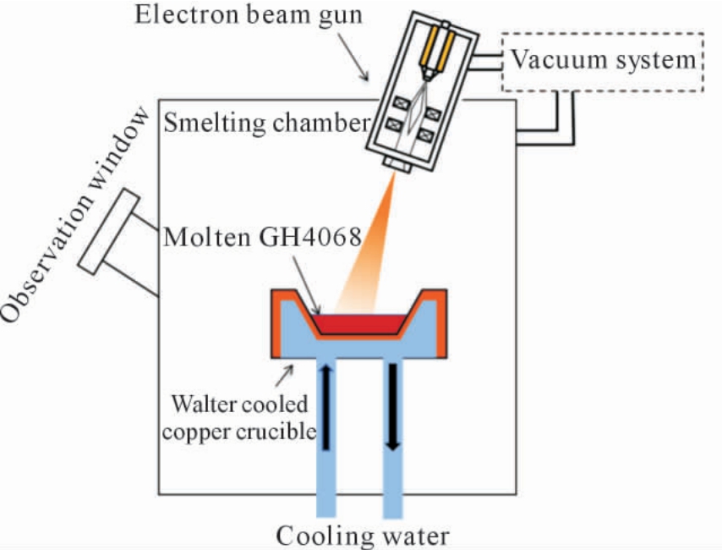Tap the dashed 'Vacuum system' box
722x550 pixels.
click(x=602, y=33)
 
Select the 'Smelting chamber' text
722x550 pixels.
click(x=267, y=123)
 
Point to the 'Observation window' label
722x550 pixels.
click(x=74, y=215)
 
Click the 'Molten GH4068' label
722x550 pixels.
click(x=262, y=238)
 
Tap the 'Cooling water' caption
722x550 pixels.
click(x=363, y=536)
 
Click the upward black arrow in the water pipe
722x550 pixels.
click(x=326, y=407)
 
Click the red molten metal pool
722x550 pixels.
click(x=359, y=324)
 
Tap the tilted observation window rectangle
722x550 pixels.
click(x=109, y=232)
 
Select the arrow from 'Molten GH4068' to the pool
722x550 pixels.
click(x=306, y=285)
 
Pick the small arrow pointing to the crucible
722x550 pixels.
click(x=284, y=376)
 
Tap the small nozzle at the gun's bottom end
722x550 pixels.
click(x=397, y=165)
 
